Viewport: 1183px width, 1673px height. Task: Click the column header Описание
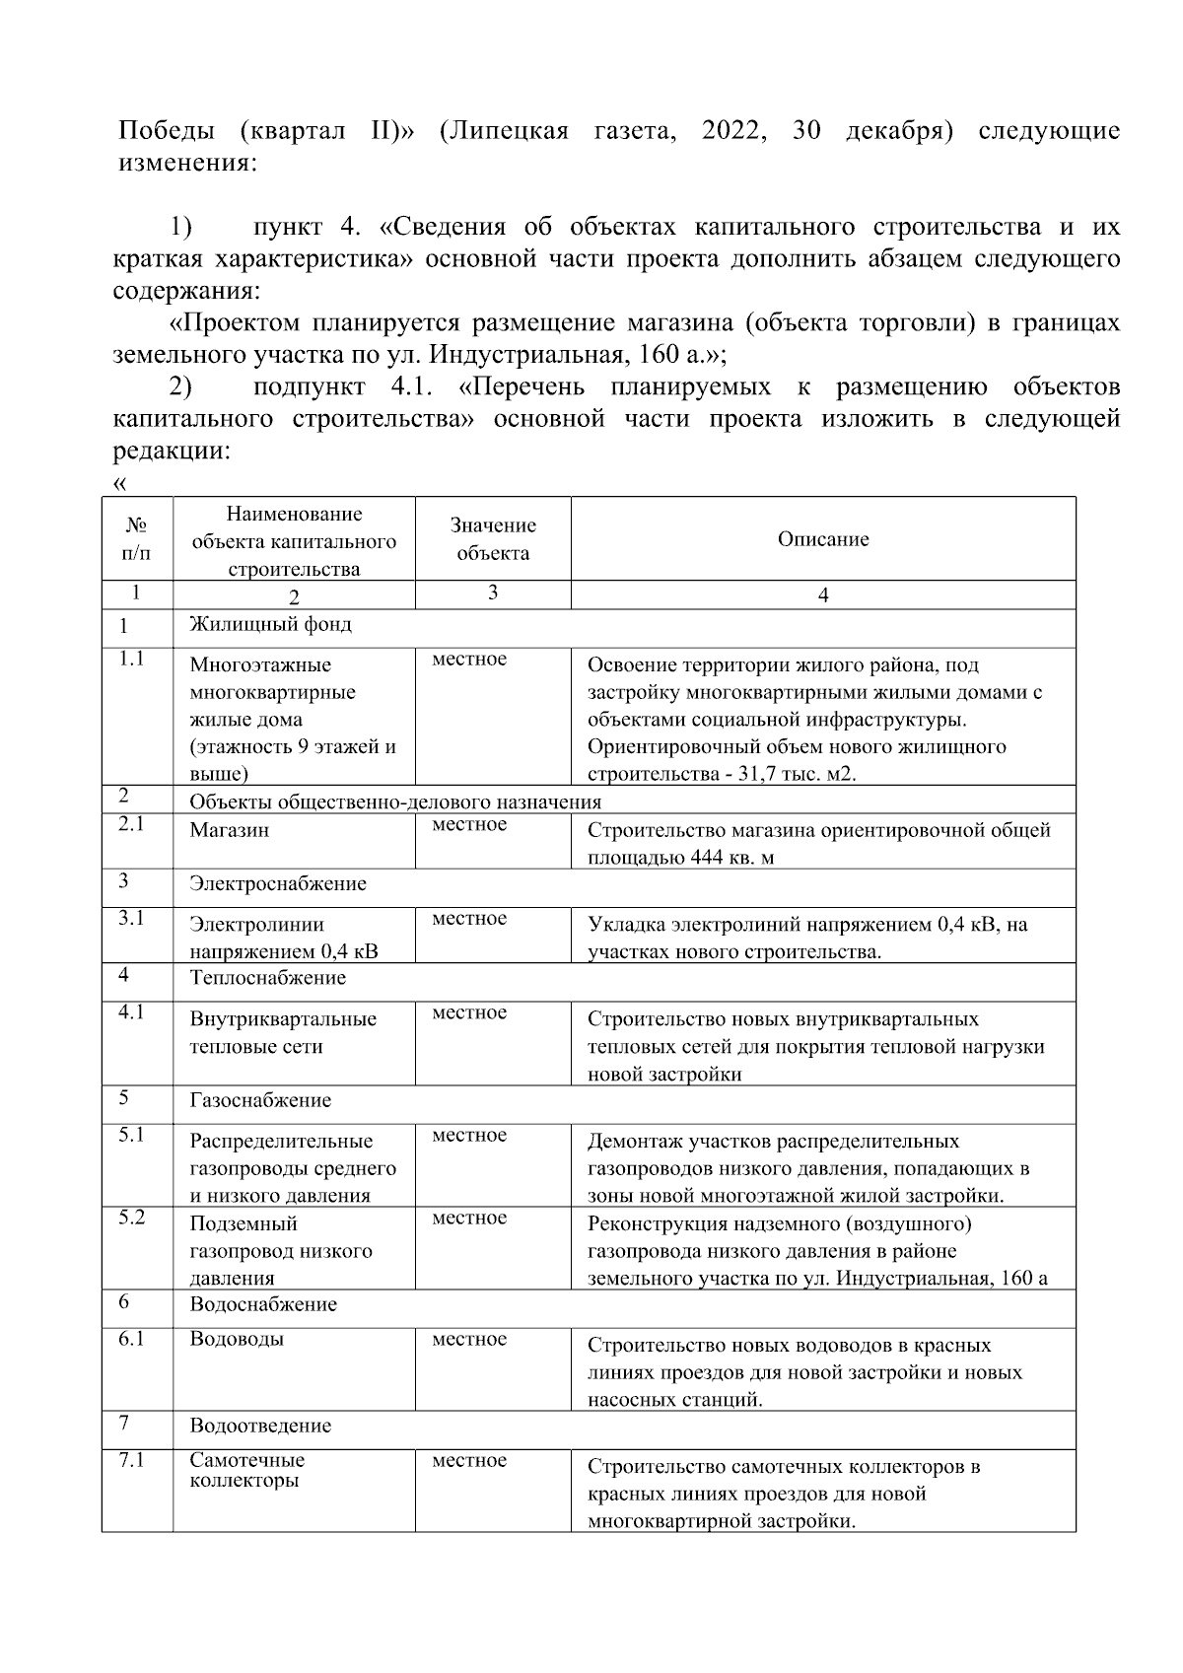point(822,539)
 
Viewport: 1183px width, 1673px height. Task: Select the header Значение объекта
point(493,539)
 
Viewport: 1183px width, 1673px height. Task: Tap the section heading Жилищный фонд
point(270,624)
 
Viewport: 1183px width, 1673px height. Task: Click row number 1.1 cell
point(132,660)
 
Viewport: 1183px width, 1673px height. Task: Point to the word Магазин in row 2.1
point(229,830)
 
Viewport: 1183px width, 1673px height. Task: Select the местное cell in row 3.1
point(469,919)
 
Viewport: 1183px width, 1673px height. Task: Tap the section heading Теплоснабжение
point(267,978)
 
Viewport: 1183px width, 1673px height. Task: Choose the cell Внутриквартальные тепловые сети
point(283,1032)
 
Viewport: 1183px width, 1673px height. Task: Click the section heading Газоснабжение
point(260,1100)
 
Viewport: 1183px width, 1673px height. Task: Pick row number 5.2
point(132,1218)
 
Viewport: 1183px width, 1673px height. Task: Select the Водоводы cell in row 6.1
point(237,1339)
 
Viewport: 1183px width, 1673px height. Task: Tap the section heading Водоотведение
point(260,1426)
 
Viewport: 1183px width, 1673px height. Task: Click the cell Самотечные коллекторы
point(246,1470)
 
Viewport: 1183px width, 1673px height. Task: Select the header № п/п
point(137,539)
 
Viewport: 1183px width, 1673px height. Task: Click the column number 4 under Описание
point(823,595)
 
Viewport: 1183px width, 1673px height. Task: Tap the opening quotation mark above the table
point(120,483)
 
